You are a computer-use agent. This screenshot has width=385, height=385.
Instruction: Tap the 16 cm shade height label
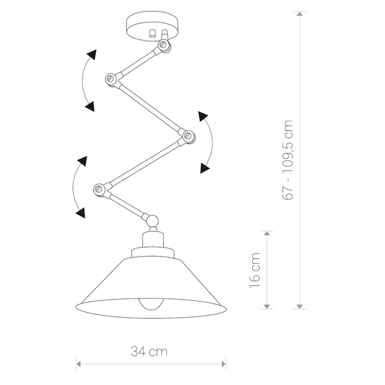coord(255,269)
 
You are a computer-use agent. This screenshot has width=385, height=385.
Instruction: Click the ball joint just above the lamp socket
coord(153,221)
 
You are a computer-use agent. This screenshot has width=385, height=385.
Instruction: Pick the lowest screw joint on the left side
coord(99,189)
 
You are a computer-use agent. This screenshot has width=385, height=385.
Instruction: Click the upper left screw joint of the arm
coord(110,79)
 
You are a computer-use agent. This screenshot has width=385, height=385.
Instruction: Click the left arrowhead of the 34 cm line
coord(80,364)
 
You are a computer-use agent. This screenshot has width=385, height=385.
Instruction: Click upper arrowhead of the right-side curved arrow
coord(203,116)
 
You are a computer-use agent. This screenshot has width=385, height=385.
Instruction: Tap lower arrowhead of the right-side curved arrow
coord(204,169)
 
